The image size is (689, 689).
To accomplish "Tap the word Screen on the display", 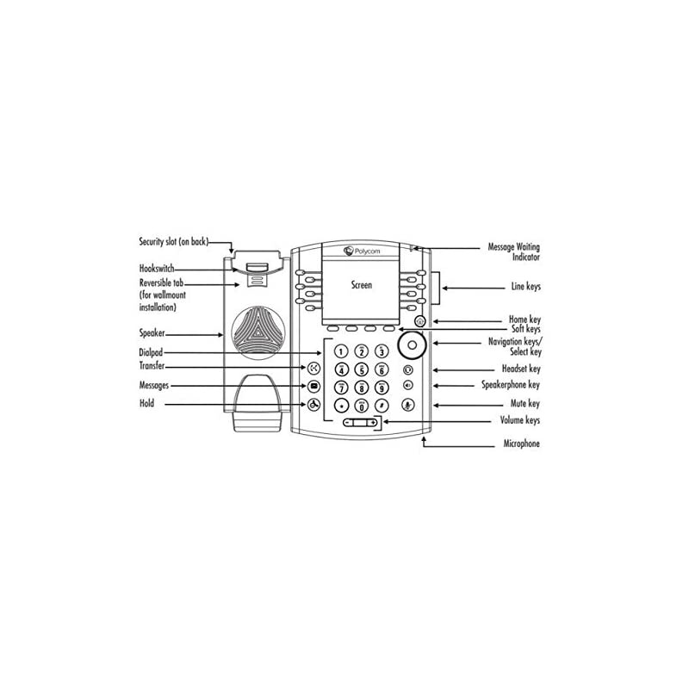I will (362, 285).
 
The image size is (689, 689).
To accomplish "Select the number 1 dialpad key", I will (340, 351).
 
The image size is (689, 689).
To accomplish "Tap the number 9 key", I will (380, 388).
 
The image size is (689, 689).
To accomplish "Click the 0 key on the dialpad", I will (360, 405).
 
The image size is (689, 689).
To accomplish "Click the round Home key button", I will (419, 321).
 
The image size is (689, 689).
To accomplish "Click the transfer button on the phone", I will (314, 368).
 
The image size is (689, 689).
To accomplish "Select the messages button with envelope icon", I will (314, 387).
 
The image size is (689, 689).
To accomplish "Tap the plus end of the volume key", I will (374, 423).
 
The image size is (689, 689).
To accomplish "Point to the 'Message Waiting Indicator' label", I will (514, 251).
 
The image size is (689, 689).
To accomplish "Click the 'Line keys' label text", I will (526, 286).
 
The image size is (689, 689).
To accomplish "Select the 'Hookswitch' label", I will (156, 269).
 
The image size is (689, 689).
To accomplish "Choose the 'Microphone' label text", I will (522, 444).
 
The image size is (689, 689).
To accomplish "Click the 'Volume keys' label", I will (521, 420).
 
